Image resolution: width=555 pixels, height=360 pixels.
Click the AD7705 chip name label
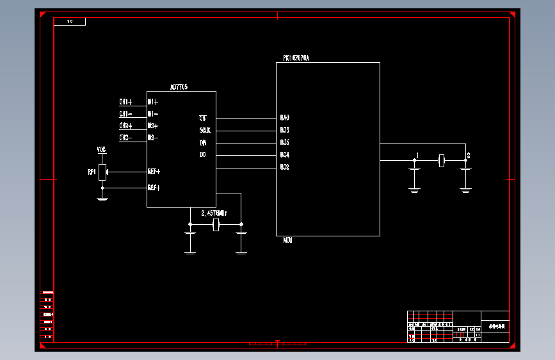[179, 87]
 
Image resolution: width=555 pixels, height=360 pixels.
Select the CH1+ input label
[125, 102]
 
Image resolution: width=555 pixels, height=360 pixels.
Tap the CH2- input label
[125, 138]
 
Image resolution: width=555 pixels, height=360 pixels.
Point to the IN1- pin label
[153, 114]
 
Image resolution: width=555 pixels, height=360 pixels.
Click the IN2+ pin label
[153, 126]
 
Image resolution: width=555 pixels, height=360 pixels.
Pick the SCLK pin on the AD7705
[205, 131]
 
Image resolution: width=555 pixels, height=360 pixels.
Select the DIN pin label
[203, 143]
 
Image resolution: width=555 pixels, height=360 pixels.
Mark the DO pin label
[203, 155]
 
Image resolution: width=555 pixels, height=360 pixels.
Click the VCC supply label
[101, 150]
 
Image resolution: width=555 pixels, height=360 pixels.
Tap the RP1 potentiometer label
[92, 172]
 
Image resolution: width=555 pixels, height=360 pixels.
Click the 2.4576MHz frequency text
[214, 213]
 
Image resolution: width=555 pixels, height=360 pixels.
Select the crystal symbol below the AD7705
[216, 224]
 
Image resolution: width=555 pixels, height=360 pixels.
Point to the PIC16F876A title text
[296, 58]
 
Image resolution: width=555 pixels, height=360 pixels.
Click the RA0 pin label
[285, 118]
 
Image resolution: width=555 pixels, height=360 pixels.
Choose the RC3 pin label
[285, 131]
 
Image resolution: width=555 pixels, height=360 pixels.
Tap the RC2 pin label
[285, 167]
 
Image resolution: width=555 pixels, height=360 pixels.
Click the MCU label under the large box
[288, 240]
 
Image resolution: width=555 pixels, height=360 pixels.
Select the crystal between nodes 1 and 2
[440, 160]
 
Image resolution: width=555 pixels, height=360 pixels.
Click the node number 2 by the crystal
[469, 156]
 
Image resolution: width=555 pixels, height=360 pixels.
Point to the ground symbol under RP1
[102, 199]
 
